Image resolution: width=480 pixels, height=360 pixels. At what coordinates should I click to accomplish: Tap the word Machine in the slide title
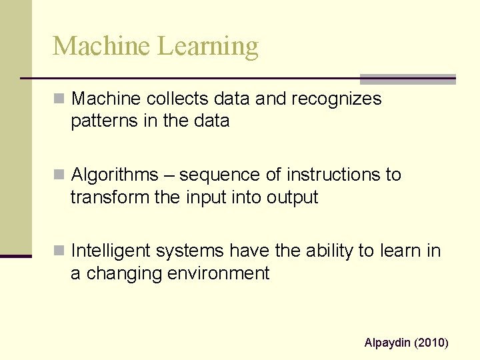[102, 47]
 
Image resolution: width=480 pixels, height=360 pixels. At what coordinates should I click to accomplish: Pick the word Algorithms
[114, 175]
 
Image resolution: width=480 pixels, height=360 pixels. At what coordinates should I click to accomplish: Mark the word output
[293, 198]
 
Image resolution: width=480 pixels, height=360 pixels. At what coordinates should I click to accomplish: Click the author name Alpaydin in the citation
[387, 343]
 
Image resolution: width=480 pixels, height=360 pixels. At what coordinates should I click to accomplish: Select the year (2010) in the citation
[432, 343]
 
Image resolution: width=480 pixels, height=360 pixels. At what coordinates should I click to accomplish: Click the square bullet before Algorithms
[59, 175]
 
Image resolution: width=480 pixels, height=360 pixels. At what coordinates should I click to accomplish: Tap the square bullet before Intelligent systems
[59, 251]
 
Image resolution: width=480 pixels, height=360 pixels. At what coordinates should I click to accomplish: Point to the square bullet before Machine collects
[59, 99]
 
